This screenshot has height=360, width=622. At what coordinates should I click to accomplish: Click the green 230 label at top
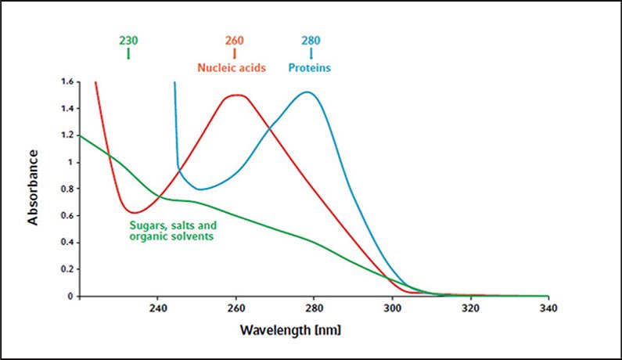(x=128, y=40)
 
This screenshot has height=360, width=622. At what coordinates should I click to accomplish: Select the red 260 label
(x=235, y=40)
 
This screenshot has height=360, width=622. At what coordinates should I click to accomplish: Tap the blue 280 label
(x=311, y=40)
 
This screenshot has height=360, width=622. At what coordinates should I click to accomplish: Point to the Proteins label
(x=309, y=68)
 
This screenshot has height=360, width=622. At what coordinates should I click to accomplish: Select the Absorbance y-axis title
(x=34, y=188)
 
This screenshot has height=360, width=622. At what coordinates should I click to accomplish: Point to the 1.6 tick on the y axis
(x=66, y=81)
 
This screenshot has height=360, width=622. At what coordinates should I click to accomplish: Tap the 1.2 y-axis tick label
(x=66, y=135)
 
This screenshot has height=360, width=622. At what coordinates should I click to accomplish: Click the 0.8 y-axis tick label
(x=66, y=189)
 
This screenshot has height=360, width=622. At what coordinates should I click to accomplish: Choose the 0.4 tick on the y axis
(x=66, y=243)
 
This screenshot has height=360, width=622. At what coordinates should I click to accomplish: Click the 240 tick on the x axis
(x=157, y=309)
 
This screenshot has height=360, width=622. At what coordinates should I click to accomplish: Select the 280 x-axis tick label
(x=314, y=309)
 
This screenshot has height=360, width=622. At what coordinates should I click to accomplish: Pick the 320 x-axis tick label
(x=470, y=309)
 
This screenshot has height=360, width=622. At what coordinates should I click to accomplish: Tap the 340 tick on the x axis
(x=548, y=309)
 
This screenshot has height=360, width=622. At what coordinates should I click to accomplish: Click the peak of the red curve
(x=235, y=95)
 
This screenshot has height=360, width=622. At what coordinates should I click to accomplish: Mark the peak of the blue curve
(x=307, y=92)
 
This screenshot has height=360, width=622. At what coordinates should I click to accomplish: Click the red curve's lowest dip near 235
(x=135, y=212)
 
